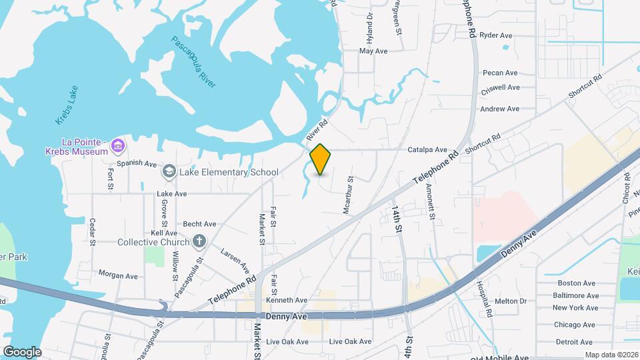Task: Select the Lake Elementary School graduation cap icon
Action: [x=169, y=173]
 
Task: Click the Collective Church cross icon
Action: [x=198, y=242]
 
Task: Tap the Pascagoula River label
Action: [x=194, y=61]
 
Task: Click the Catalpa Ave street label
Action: [x=427, y=151]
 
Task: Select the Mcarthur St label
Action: [x=347, y=195]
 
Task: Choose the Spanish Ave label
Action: [x=136, y=163]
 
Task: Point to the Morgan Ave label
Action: [x=117, y=275]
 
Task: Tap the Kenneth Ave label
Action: [x=286, y=301]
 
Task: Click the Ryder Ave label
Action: [x=495, y=35]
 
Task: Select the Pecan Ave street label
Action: [x=500, y=73]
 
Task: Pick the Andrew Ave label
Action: [x=499, y=109]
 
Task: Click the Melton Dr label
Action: [x=511, y=301]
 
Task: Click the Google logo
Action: [x=22, y=351]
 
